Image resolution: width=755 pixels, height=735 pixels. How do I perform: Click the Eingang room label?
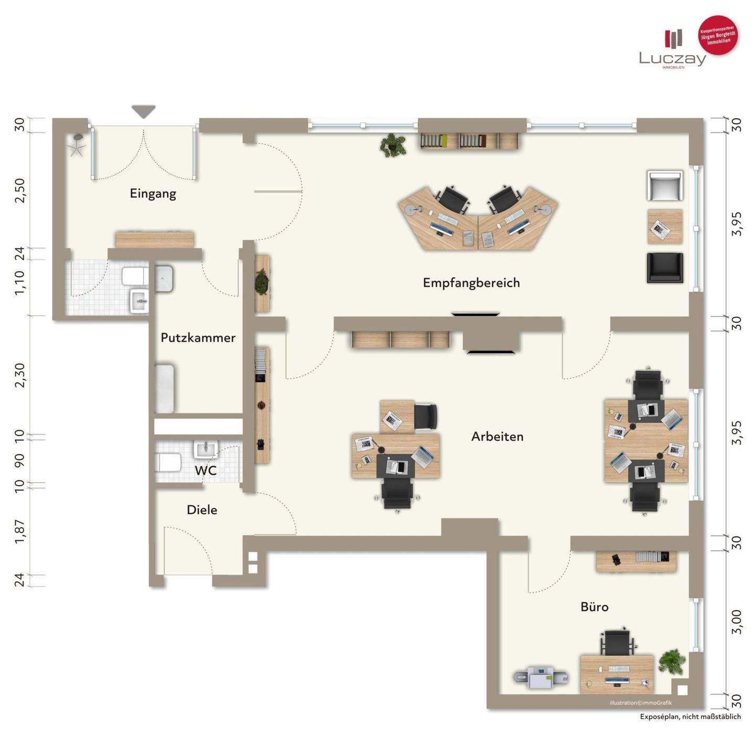coord(153,194)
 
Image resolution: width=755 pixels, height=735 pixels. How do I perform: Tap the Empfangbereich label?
coord(471,283)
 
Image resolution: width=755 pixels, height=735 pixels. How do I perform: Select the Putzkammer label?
coord(198,338)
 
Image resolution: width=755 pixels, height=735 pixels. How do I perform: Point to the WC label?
coord(205,470)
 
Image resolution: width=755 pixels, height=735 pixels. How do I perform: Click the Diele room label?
coord(202,510)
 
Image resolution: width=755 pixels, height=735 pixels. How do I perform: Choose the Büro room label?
coord(595,607)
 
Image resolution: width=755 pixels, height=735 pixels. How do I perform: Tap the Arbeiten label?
coord(497,436)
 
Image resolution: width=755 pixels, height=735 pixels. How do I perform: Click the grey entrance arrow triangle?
coord(144,111)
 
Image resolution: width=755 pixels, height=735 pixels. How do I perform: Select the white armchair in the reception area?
coord(665,186)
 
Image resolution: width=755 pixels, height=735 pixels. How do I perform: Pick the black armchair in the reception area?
coord(665,268)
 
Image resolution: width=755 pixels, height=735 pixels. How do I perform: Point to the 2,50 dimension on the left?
coord(20,190)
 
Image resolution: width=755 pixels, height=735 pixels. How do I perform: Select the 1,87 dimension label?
coord(20,531)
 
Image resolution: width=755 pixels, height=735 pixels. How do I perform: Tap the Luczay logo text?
coord(672,59)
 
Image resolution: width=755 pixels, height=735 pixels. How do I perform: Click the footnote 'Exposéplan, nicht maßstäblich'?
coord(690,717)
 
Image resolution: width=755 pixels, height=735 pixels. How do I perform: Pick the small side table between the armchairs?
coord(665,227)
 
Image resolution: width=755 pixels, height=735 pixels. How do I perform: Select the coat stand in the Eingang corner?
coord(76,144)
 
